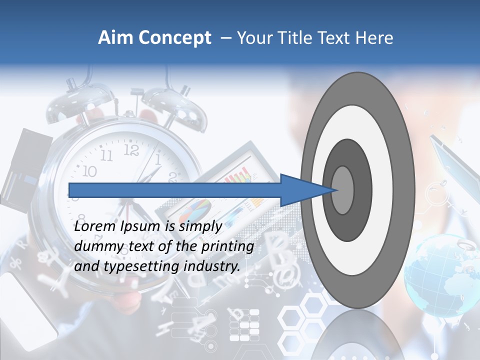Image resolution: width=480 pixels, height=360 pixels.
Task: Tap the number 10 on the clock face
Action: coord(89,172)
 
